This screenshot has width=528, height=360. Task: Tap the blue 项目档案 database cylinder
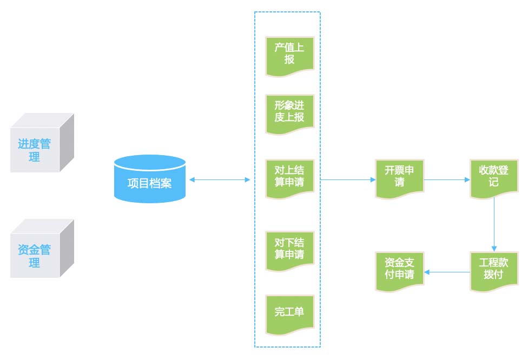150,179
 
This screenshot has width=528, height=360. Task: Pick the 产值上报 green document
289,55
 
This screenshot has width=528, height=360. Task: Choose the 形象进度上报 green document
289,112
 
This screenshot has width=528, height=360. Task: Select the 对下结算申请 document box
289,249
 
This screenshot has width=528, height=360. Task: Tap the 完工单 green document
289,313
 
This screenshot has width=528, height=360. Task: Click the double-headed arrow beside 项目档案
220,179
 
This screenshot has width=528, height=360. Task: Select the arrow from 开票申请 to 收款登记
446,179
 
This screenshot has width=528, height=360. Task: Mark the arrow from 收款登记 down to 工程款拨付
494,222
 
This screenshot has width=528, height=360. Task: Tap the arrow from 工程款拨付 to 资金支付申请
446,272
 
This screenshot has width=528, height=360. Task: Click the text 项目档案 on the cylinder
150,183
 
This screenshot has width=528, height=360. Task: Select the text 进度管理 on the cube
34,150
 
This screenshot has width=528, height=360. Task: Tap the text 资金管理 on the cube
34,256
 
